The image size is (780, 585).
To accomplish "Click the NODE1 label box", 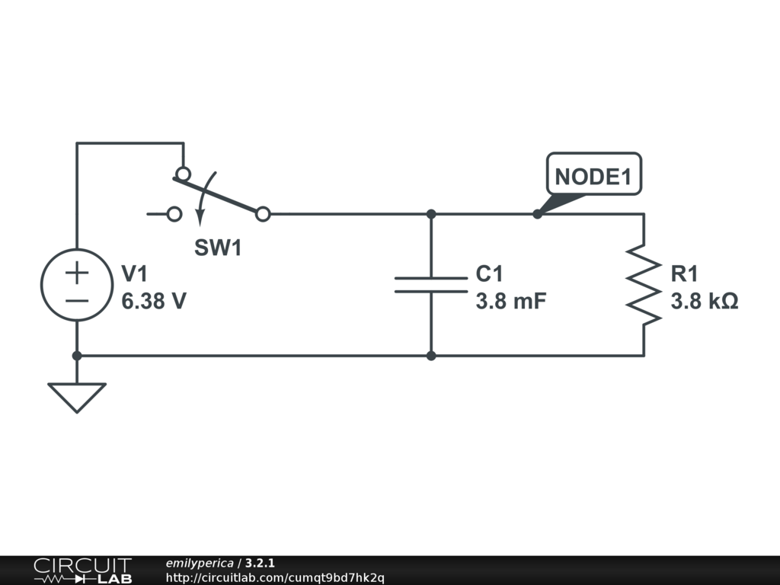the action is click(x=594, y=174).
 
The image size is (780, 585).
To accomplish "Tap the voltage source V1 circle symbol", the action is click(x=77, y=285).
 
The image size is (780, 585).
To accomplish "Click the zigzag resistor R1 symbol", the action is click(x=644, y=285).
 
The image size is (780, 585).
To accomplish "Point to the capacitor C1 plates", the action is click(x=431, y=285).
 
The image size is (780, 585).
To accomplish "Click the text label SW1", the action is click(x=218, y=248).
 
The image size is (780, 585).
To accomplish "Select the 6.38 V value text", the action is click(x=154, y=301).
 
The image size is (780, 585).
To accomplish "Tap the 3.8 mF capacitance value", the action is click(x=511, y=301).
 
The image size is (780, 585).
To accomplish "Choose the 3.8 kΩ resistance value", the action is click(x=705, y=301).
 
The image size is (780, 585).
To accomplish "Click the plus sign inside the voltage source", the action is click(x=77, y=273).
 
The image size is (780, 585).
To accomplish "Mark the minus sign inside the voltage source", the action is click(x=77, y=300).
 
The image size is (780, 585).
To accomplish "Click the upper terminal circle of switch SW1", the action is click(x=184, y=174).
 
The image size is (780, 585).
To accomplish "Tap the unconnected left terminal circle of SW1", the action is click(x=174, y=214).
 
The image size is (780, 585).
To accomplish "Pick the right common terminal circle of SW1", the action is click(x=263, y=214).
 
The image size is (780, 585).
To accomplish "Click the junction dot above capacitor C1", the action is click(x=431, y=214).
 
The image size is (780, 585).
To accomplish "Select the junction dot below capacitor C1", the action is click(x=431, y=356).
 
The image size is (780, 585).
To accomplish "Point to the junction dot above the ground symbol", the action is click(x=77, y=356).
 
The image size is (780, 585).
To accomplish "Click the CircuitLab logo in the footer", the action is click(x=82, y=571).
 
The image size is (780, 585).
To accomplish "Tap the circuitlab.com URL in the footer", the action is click(x=275, y=578).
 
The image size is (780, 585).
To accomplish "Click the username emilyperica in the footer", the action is click(x=200, y=563).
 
